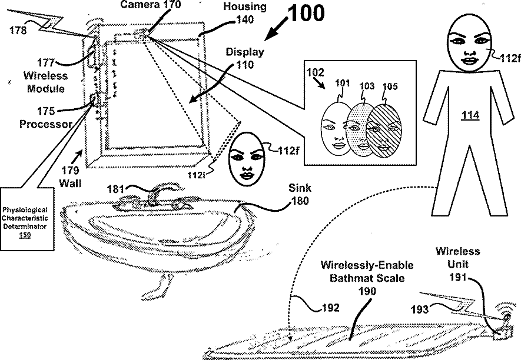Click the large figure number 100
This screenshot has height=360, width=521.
click(x=306, y=13)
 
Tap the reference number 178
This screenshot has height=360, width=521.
click(x=18, y=31)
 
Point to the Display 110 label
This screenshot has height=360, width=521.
click(x=245, y=58)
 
